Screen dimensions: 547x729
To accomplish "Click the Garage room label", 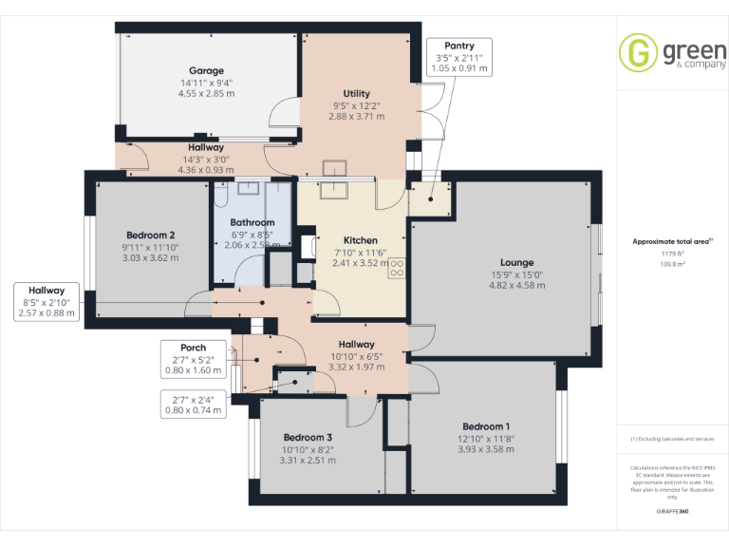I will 206,71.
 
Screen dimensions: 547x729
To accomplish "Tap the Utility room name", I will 356,94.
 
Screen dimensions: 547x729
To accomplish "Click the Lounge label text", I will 517,263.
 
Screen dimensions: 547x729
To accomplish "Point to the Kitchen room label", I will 360,241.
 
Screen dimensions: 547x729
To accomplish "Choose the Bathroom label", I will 252,223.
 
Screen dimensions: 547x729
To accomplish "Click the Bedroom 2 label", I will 150,236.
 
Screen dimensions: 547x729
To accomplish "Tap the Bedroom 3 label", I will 308,438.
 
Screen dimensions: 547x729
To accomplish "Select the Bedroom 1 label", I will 486,426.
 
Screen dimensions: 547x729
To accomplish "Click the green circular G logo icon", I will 638,52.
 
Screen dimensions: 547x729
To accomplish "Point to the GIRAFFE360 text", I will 672,512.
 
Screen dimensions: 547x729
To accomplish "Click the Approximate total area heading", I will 671,242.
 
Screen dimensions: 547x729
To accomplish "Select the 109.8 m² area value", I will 672,265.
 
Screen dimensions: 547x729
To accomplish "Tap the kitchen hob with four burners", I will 397,269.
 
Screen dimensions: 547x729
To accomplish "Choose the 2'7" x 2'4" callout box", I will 193,405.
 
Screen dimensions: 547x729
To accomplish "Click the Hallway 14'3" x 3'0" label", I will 206,147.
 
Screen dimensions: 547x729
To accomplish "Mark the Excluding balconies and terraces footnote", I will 672,439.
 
